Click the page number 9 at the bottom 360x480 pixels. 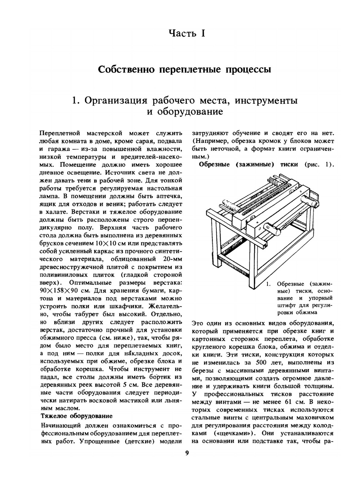187,453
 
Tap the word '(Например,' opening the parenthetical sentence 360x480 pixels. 209,141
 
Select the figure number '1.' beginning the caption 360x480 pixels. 268,284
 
